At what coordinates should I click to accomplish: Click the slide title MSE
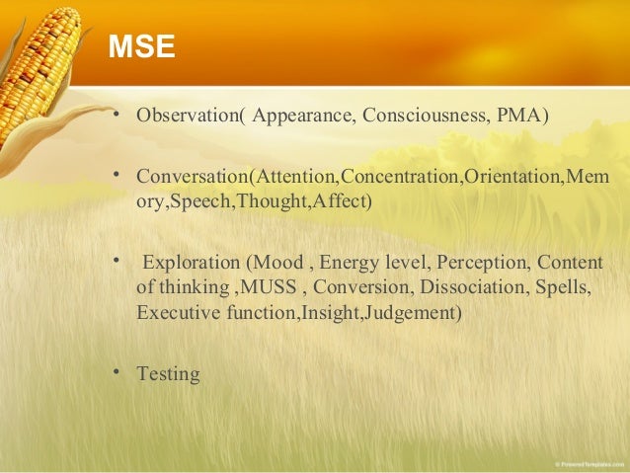tap(140, 46)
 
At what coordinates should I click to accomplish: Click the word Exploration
tap(193, 264)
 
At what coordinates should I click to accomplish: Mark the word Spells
tap(566, 289)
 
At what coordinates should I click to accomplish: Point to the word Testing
tap(168, 374)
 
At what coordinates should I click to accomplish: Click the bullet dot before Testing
tap(117, 371)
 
